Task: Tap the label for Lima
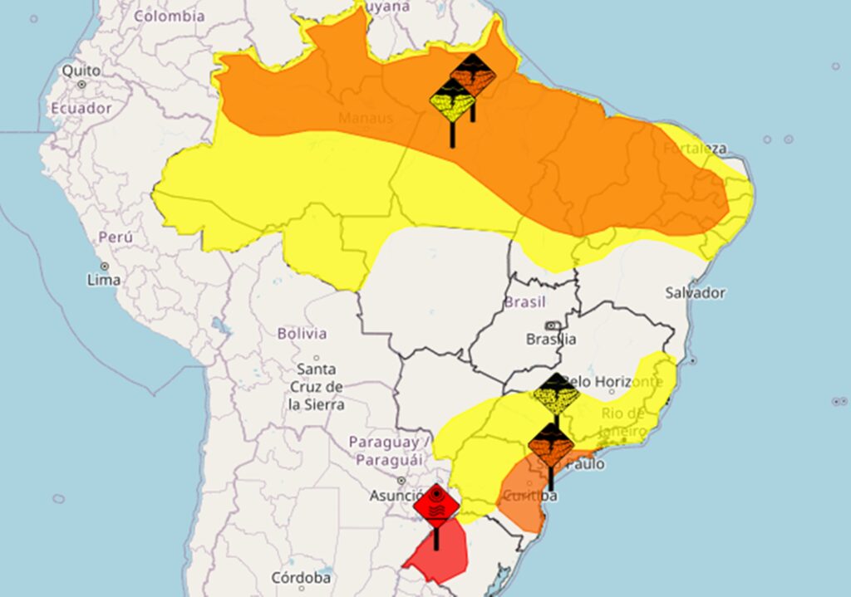tap(103, 280)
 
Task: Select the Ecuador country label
tap(81, 108)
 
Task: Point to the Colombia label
tap(169, 16)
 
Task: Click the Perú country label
tap(116, 237)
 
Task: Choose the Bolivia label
tap(302, 334)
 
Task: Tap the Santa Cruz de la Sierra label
tap(316, 387)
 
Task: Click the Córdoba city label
tap(301, 577)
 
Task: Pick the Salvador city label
tap(695, 292)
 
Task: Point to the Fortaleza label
tap(695, 149)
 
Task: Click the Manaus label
tap(366, 118)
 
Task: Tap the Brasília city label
tap(551, 339)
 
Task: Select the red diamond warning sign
tap(436, 505)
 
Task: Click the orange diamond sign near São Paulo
tap(551, 445)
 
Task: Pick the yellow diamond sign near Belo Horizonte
tap(556, 394)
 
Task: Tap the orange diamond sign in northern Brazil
tap(473, 75)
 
